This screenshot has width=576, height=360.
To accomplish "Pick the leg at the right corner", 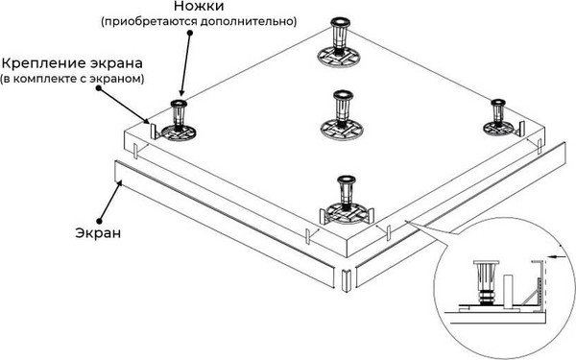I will [x=499, y=116].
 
